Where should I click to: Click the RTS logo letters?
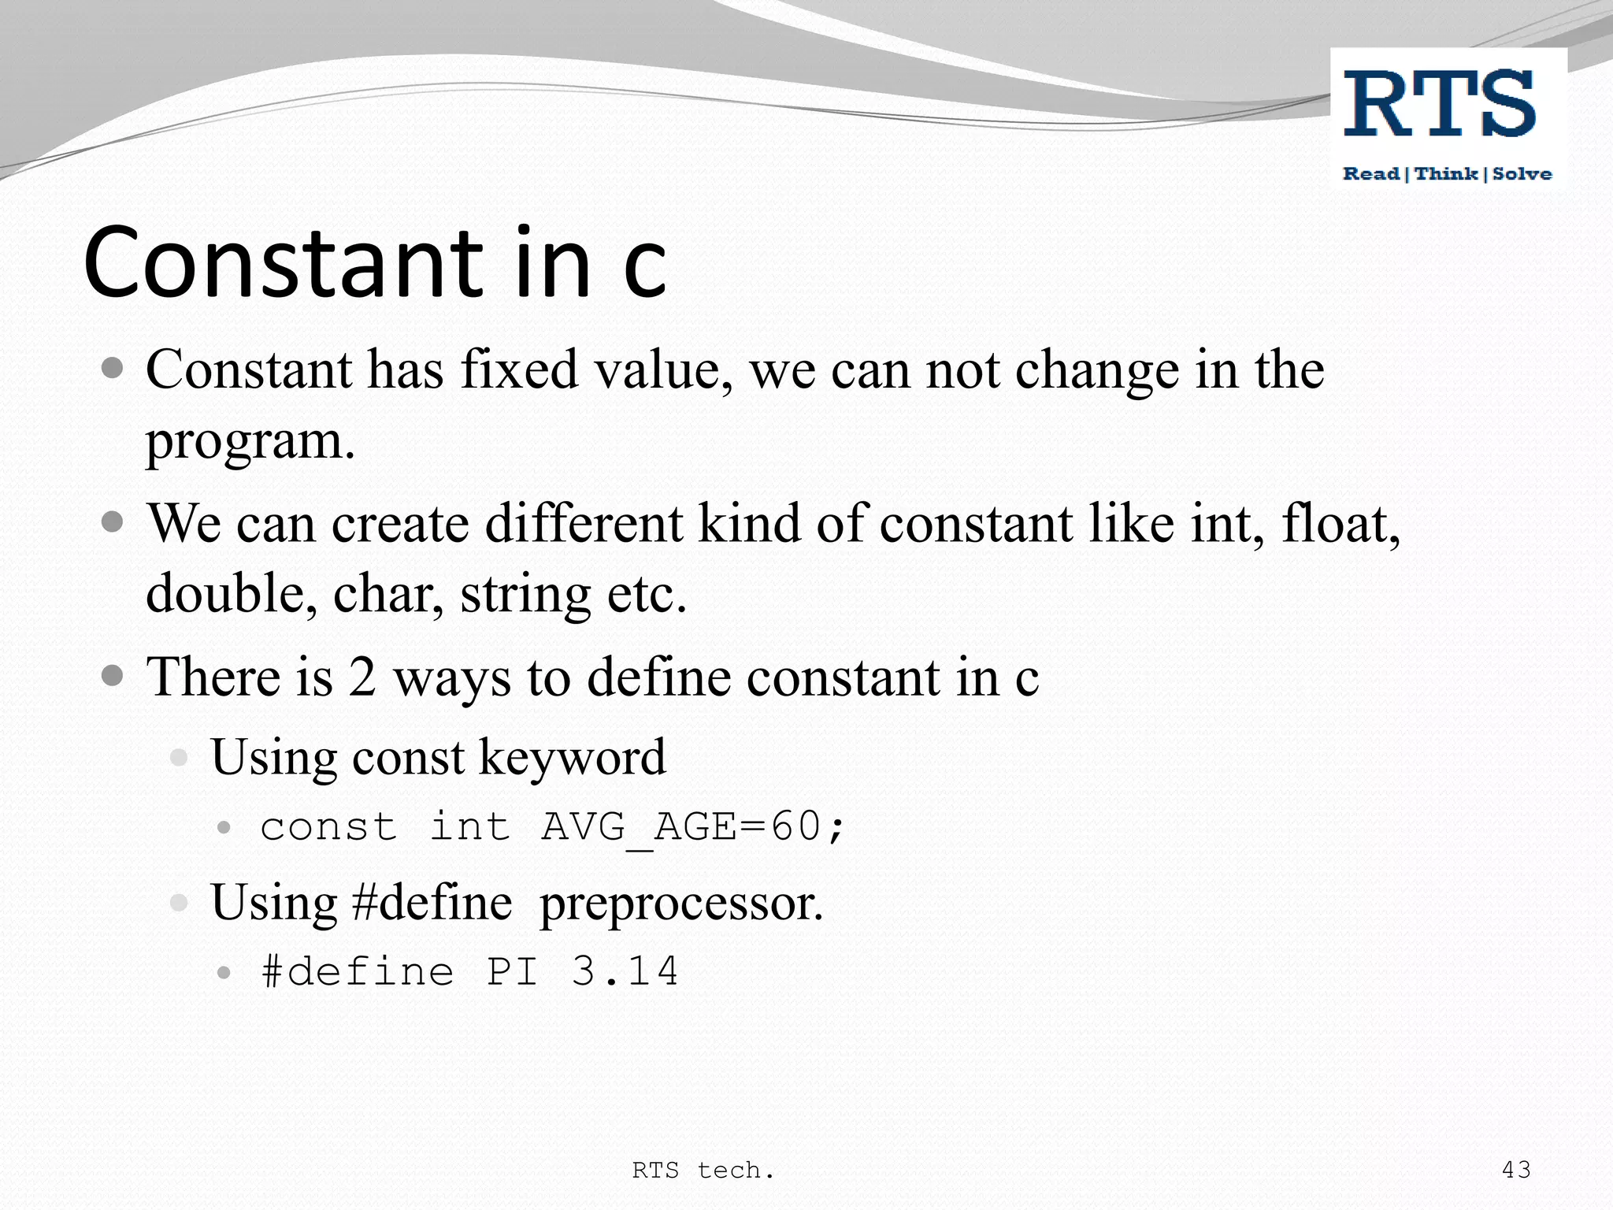coord(1440,103)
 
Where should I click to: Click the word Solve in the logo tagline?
coord(1522,174)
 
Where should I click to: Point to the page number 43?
coord(1516,1170)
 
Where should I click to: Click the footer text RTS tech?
coord(703,1171)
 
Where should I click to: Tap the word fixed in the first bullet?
coord(520,369)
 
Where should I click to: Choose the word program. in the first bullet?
coord(250,441)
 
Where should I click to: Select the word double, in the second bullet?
coord(232,593)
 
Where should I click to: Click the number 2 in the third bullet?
coord(362,677)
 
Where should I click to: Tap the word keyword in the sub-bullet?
coord(573,757)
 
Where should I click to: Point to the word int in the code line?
coord(470,827)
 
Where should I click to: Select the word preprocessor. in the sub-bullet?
coord(681,904)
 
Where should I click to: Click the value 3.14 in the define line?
coord(625,971)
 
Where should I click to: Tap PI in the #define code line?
coord(512,971)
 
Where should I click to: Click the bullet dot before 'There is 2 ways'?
coord(113,675)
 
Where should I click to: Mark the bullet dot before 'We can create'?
coord(113,521)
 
